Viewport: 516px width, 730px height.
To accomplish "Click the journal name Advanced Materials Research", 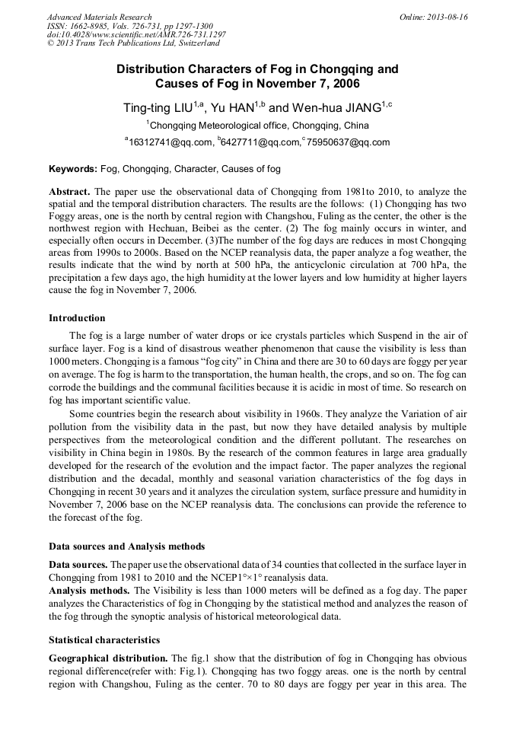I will pyautogui.click(x=99, y=17).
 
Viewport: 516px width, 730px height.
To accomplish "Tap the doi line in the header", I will pyautogui.click(x=136, y=35).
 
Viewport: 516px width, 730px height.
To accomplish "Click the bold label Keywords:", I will pyautogui.click(x=73, y=168).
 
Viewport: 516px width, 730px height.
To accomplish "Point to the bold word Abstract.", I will pyautogui.click(x=70, y=192).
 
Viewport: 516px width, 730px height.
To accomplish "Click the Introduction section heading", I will pyautogui.click(x=77, y=318).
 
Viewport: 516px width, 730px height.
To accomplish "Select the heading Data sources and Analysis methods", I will pyautogui.click(x=127, y=547).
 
